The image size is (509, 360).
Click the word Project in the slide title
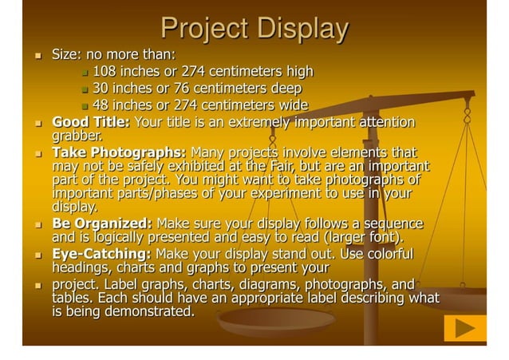(201, 29)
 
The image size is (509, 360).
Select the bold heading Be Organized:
(103, 224)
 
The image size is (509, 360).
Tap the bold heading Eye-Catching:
(101, 254)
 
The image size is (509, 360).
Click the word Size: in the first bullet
(67, 55)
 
